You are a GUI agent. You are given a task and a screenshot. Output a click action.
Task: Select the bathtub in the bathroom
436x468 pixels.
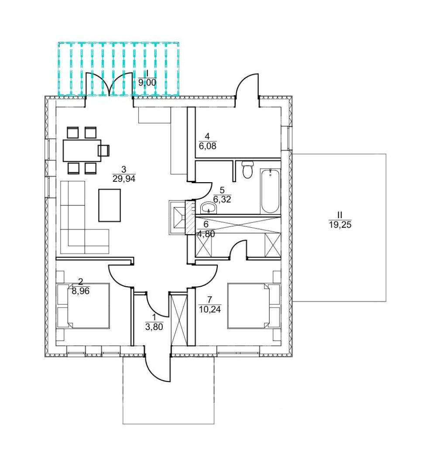coord(270,191)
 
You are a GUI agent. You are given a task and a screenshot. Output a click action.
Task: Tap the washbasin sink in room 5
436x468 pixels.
coord(209,208)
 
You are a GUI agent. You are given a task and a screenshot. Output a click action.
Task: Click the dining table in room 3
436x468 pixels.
coord(82,150)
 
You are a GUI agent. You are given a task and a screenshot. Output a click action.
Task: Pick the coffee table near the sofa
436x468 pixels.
coord(110,205)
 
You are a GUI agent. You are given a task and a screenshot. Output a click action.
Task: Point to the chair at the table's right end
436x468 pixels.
coord(104,150)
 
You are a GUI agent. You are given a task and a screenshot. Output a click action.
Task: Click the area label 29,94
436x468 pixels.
coord(124,179)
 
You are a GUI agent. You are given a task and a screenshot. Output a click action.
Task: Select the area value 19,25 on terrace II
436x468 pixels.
coord(340,225)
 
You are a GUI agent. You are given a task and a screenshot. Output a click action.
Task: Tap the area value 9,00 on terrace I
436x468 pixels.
coord(147,83)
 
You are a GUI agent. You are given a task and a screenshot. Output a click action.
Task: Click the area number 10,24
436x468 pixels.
coord(210,309)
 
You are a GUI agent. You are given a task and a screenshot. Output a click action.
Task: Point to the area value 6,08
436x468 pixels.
coord(207,146)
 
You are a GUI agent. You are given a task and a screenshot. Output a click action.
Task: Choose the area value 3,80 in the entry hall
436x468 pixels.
coord(154,327)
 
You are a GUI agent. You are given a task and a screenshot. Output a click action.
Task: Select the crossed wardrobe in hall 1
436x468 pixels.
coord(178,320)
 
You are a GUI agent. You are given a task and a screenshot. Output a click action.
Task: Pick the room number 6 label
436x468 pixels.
coord(206,224)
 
